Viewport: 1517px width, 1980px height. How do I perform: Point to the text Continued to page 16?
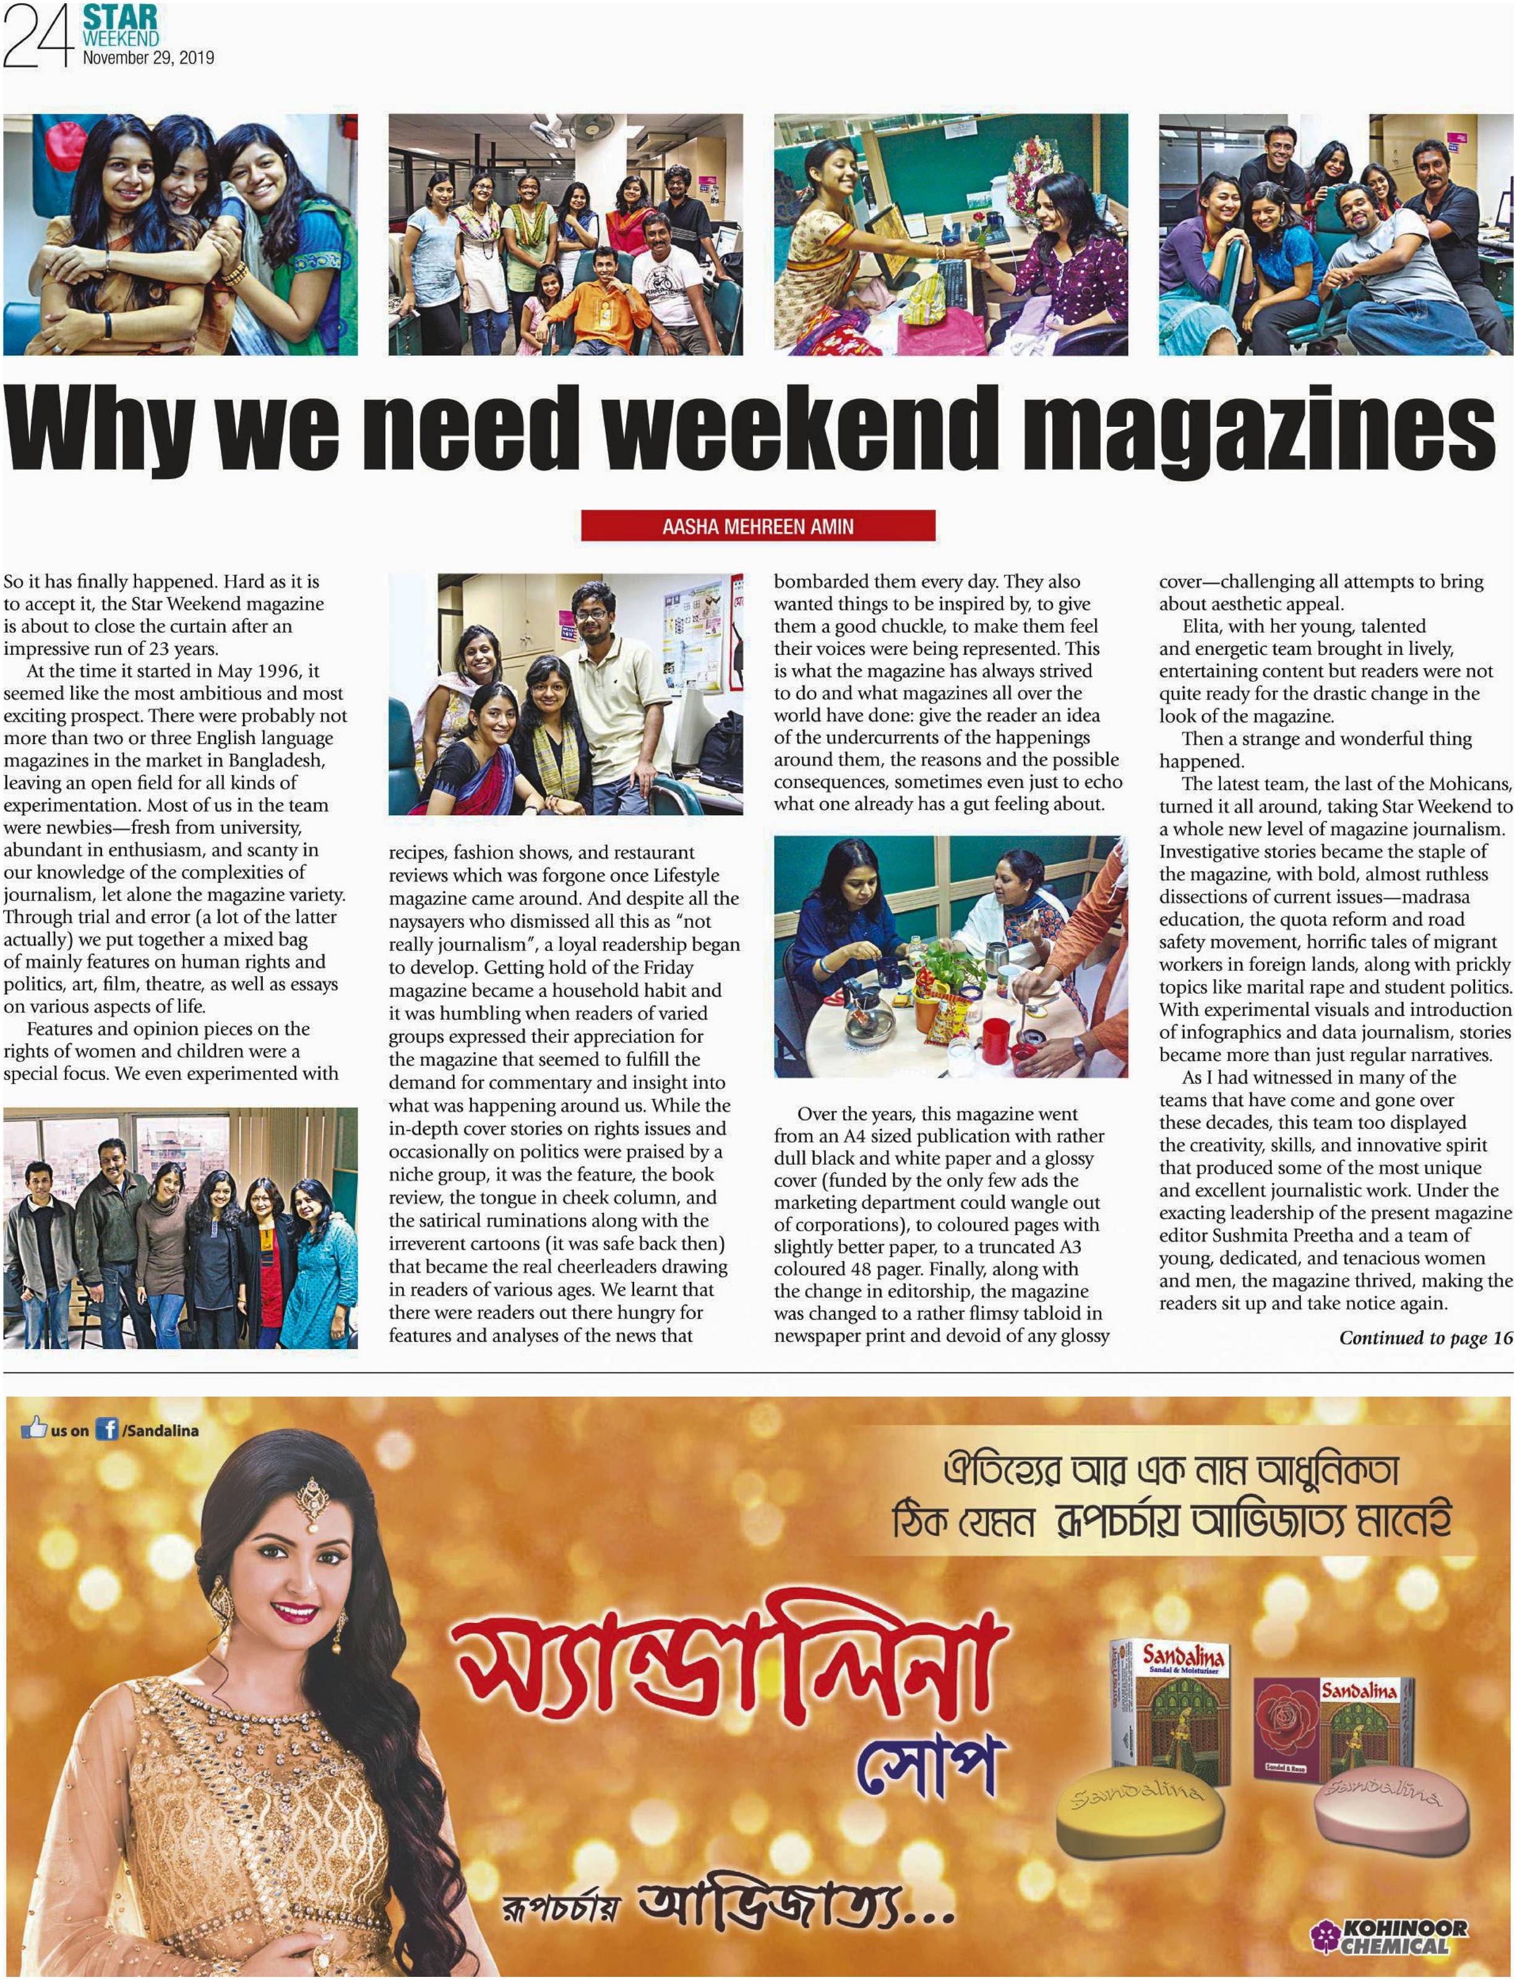[x=1425, y=1338]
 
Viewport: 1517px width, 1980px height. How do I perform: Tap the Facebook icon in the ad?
[x=106, y=1430]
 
